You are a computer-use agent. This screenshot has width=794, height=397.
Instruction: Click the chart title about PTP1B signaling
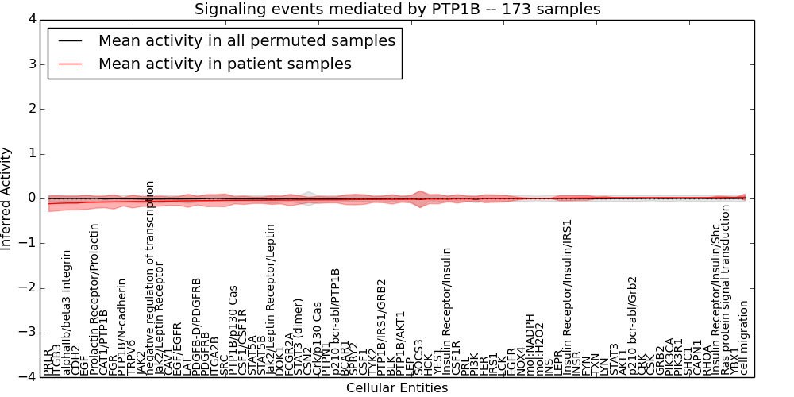(397, 10)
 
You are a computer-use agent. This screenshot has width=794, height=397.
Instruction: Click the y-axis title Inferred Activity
(7, 198)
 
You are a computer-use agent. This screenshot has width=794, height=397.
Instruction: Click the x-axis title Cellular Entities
(397, 388)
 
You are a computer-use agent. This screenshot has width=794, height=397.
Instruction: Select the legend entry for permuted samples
(246, 40)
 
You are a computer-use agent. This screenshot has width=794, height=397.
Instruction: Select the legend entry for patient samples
(225, 64)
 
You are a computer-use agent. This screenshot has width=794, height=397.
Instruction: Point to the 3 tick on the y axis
(33, 64)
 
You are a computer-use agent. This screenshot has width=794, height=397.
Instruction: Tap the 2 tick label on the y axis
(33, 108)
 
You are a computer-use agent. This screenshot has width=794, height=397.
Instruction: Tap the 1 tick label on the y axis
(33, 153)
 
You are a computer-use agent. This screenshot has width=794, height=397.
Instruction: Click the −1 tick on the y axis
(29, 243)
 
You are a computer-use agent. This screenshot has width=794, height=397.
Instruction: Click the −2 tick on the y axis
(29, 287)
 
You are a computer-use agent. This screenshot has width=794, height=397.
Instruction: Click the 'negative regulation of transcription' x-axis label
(150, 278)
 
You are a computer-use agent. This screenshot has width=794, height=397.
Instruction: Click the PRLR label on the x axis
(48, 361)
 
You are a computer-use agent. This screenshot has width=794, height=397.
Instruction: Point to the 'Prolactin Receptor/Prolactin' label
(95, 299)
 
